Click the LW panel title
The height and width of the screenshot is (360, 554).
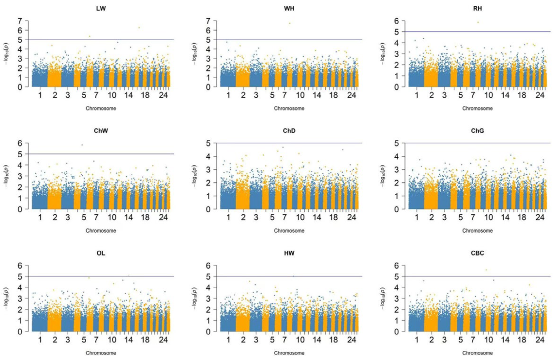point(101,9)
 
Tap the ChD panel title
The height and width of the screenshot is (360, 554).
point(289,131)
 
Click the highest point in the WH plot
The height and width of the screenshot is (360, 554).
point(289,23)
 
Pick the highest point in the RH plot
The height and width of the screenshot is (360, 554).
point(478,22)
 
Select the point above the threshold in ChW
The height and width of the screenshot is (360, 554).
point(82,145)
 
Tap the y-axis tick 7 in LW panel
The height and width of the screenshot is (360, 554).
point(20,21)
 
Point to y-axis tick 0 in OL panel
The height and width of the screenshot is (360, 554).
point(20,332)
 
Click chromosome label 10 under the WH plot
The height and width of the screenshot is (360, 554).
point(300,96)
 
